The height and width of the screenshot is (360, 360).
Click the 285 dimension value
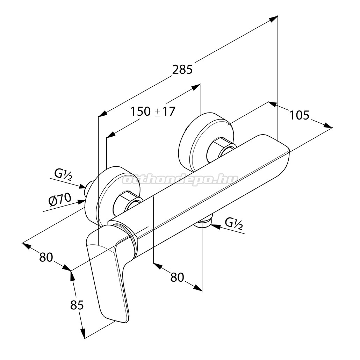pos(182,70)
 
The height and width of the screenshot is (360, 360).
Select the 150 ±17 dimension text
pos(153,111)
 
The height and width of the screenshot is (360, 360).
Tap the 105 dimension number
pos(300,115)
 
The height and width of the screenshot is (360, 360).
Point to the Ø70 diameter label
pos(60,199)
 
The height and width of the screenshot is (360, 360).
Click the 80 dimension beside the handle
pos(46,257)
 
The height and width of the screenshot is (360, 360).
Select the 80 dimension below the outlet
pos(177,277)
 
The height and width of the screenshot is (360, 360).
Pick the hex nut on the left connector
pos(125,202)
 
